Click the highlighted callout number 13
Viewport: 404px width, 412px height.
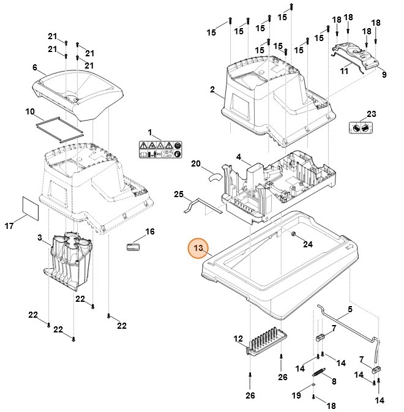(198, 249)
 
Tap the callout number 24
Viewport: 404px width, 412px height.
(308, 244)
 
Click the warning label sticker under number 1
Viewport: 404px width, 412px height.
(159, 150)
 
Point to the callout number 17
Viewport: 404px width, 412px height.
(10, 227)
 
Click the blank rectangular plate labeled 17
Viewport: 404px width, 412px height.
(30, 208)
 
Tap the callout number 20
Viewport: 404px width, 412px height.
(196, 164)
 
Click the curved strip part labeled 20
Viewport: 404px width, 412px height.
(215, 176)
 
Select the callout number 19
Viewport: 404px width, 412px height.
(296, 396)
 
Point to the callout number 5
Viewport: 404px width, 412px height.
(350, 310)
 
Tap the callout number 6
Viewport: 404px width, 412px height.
(35, 67)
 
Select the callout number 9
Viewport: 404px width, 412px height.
(384, 75)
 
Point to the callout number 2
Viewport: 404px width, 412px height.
(212, 90)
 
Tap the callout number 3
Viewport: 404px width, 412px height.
(39, 238)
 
